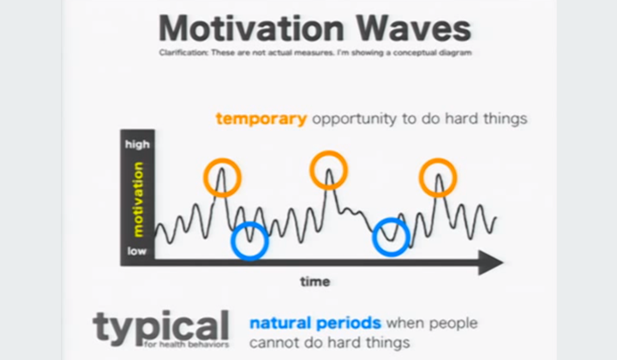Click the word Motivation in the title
point(251,28)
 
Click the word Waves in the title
point(414,28)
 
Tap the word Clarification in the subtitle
point(183,52)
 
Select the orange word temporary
point(261,118)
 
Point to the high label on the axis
point(137,144)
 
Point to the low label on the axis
point(136,251)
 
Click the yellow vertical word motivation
point(138,200)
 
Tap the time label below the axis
point(314,281)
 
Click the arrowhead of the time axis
point(490,262)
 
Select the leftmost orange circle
point(204,177)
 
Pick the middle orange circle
point(310,170)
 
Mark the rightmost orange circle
point(420,177)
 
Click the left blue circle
point(231,241)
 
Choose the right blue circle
point(373,237)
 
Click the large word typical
point(160,327)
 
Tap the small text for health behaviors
point(186,345)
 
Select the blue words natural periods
point(315,323)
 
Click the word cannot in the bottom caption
point(273,342)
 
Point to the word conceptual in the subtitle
point(414,53)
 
